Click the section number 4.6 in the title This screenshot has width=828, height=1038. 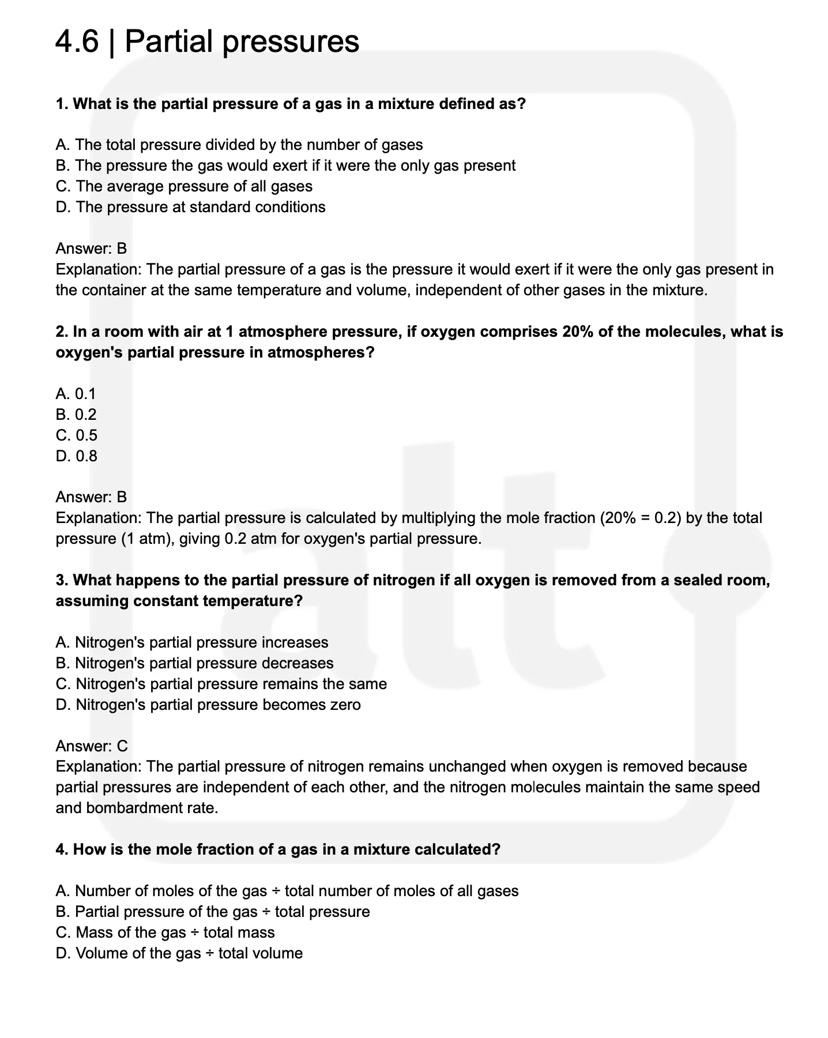pyautogui.click(x=77, y=42)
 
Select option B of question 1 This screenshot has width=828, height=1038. pyautogui.click(x=285, y=166)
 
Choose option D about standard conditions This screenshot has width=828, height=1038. pyautogui.click(x=190, y=207)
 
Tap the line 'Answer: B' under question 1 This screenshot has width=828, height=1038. pyautogui.click(x=91, y=249)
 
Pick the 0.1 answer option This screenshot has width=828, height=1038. pyautogui.click(x=76, y=394)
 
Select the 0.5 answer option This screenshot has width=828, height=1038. pyautogui.click(x=77, y=435)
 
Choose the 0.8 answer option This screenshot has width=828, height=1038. pyautogui.click(x=77, y=456)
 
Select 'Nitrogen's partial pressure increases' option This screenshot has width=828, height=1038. pyautogui.click(x=192, y=642)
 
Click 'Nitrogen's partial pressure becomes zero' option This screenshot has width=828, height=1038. pyautogui.click(x=208, y=705)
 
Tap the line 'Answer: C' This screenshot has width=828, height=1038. pyautogui.click(x=92, y=746)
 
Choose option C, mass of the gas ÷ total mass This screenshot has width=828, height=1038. pyautogui.click(x=165, y=932)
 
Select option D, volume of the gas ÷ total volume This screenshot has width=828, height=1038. pyautogui.click(x=179, y=953)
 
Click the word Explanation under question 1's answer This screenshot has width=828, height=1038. pyautogui.click(x=98, y=269)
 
